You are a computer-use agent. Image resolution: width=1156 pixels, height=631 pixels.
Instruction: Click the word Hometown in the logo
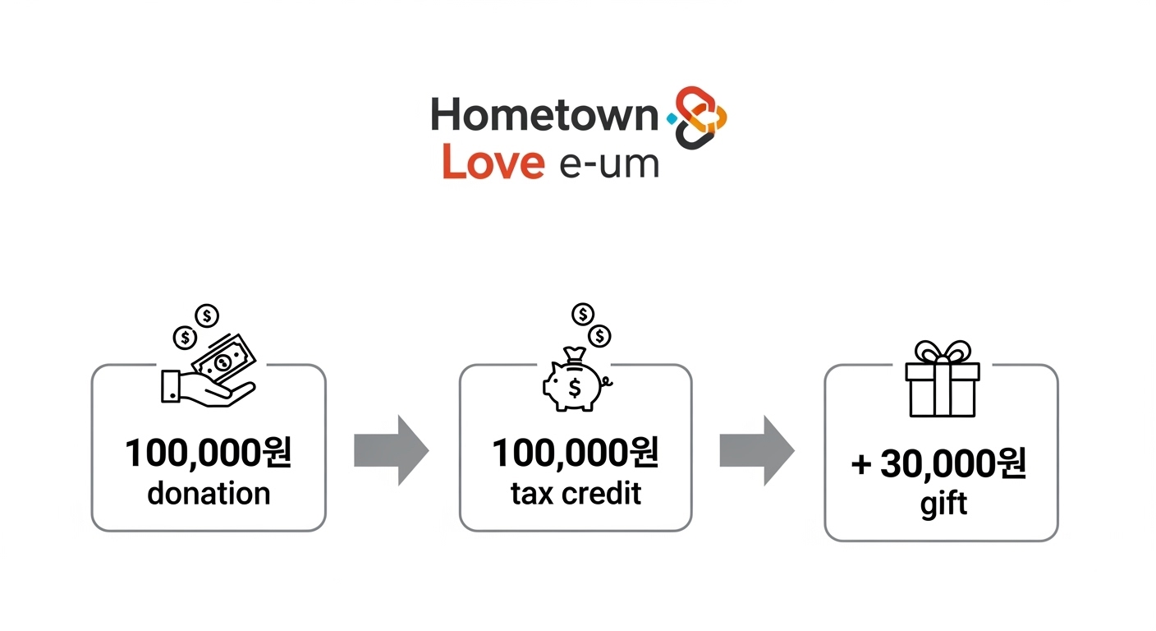pyautogui.click(x=544, y=116)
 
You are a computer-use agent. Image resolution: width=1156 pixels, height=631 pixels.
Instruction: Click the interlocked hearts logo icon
pyautogui.click(x=700, y=117)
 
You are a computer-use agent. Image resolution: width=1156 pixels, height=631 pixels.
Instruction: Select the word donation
pyautogui.click(x=209, y=493)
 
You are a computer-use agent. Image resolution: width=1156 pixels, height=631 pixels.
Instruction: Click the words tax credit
pyautogui.click(x=576, y=493)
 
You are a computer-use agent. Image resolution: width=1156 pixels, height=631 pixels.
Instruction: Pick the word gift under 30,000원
pyautogui.click(x=943, y=502)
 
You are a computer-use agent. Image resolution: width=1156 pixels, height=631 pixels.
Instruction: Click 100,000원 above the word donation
pyautogui.click(x=209, y=454)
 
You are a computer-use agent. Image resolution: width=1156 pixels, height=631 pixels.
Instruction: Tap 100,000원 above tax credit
pyautogui.click(x=576, y=454)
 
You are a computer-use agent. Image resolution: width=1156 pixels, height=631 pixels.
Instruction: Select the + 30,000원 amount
pyautogui.click(x=939, y=465)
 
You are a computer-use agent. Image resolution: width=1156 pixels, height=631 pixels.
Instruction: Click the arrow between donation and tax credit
pyautogui.click(x=391, y=450)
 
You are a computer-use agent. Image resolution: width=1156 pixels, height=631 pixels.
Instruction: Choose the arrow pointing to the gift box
pyautogui.click(x=757, y=450)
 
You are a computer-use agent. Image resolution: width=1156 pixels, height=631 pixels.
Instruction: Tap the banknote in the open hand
pyautogui.click(x=223, y=362)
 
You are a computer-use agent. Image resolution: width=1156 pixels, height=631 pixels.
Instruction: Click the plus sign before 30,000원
pyautogui.click(x=860, y=466)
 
